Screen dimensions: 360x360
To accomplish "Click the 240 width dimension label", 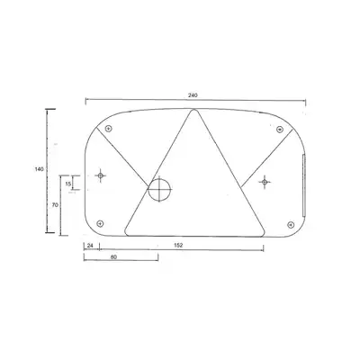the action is pos(193,95).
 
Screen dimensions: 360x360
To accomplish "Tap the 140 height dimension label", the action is pos(39,169).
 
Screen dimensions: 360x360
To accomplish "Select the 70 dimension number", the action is pos(55,205).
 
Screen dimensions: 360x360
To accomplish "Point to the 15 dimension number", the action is pos(68,184).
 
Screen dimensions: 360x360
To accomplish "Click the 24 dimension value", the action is pos(90,245).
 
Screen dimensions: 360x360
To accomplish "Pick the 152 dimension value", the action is pos(178,245).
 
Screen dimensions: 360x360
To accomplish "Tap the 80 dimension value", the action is pos(113,256).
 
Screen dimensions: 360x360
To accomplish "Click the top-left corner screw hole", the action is pos(109,129).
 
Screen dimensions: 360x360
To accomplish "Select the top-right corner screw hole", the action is pos(280,130).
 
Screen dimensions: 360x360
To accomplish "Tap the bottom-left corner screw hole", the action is pos(100,223).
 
